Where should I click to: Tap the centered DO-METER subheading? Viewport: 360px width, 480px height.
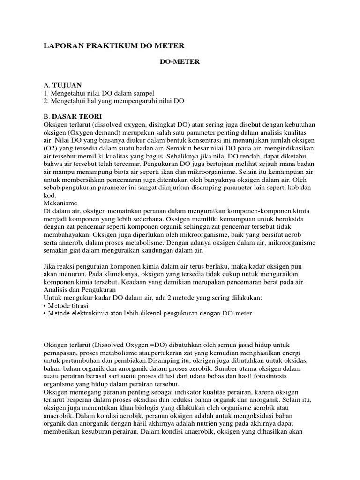point(177,62)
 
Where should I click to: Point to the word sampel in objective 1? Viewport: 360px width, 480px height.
point(143,93)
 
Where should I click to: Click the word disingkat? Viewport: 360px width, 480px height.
point(161,124)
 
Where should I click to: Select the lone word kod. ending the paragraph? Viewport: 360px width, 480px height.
point(49,195)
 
